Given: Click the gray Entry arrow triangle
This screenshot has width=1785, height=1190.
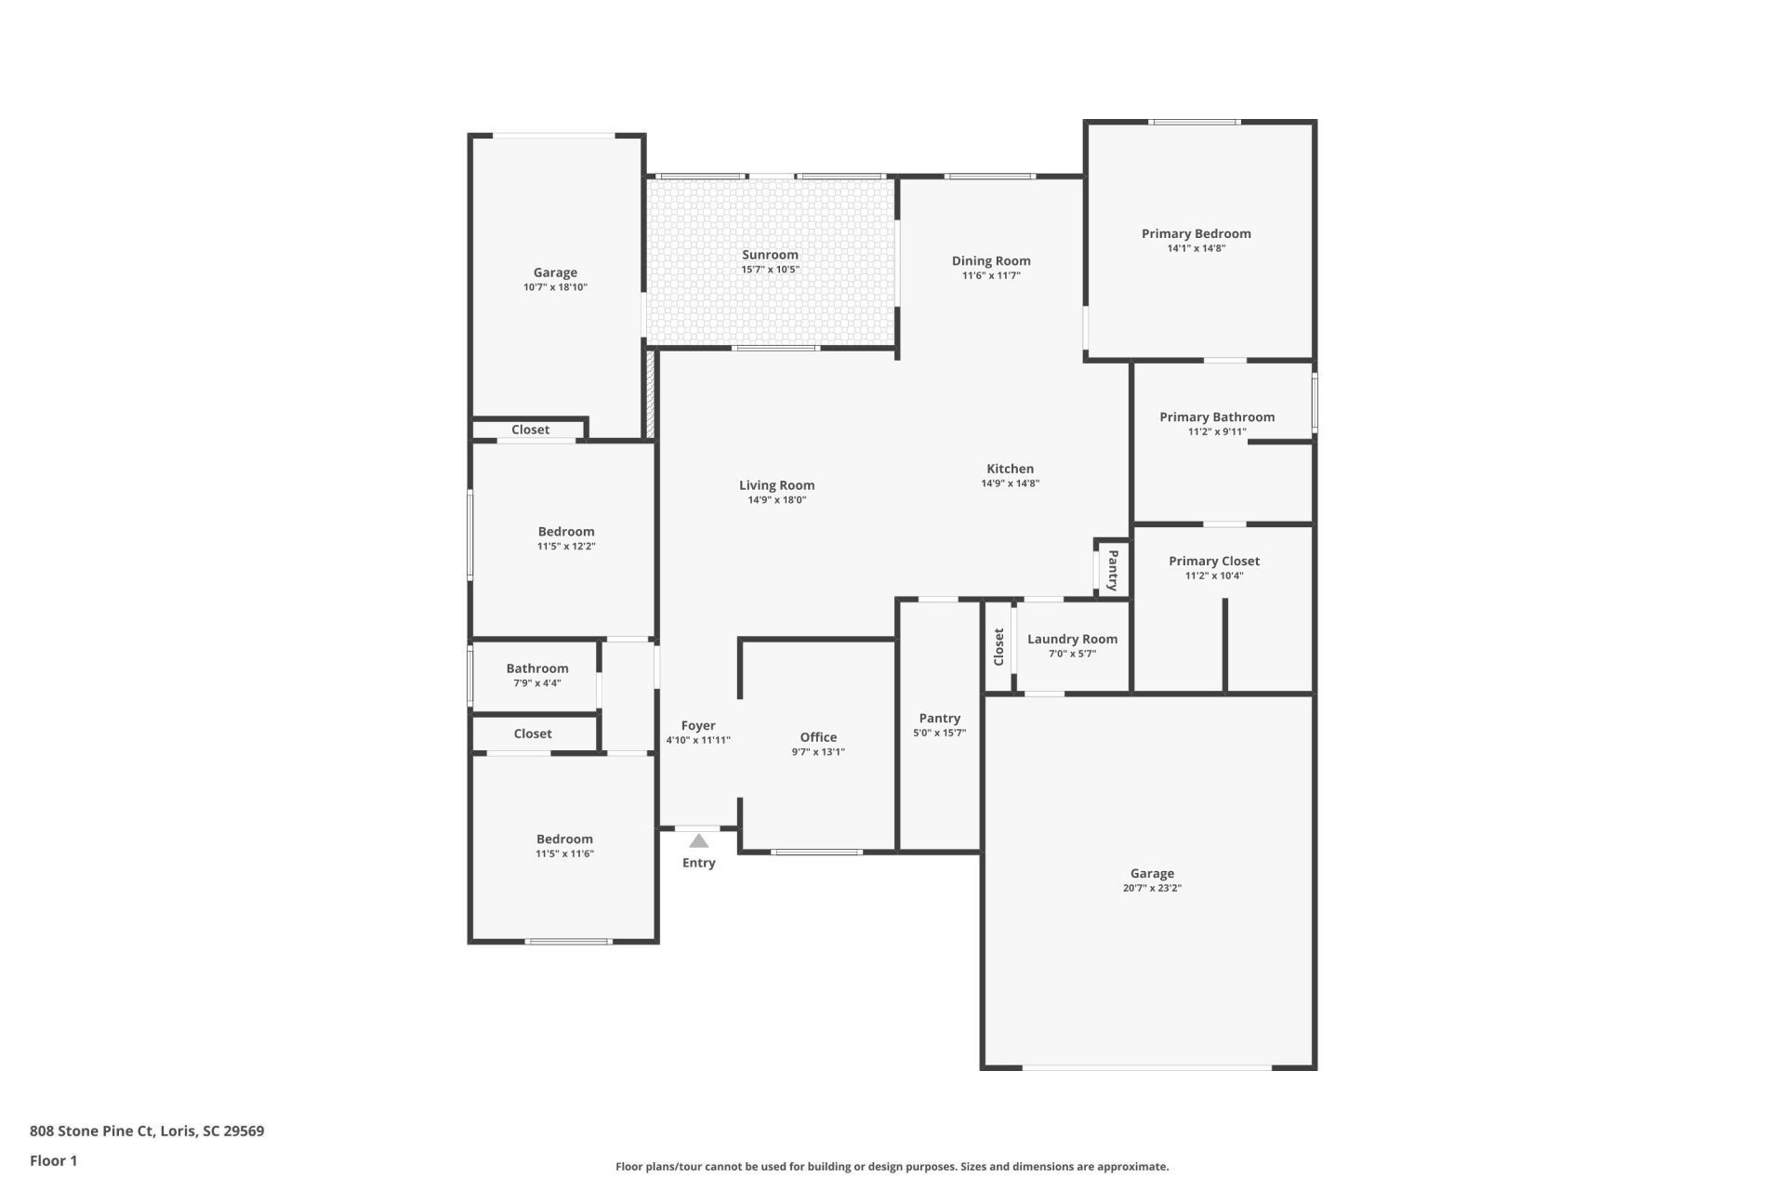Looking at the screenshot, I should (698, 841).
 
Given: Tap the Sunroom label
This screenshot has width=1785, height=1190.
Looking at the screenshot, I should (770, 255).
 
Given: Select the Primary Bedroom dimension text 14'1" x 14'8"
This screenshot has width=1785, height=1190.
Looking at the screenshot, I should (1196, 248).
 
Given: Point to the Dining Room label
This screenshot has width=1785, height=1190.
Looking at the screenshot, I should (991, 260).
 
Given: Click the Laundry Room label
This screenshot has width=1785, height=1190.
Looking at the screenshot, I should (1072, 639).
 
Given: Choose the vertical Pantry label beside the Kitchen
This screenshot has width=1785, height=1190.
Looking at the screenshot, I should (1113, 569).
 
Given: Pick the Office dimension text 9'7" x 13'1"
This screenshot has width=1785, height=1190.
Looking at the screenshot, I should (818, 752).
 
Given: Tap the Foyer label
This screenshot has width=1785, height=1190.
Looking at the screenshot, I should (698, 725).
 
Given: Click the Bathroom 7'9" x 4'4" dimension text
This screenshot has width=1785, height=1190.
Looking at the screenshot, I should (537, 683).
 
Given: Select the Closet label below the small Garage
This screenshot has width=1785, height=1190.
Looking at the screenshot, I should (530, 430).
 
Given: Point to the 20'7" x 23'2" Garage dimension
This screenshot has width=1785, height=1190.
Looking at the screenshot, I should (1152, 888).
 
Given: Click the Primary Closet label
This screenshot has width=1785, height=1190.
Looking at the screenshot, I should (1213, 561).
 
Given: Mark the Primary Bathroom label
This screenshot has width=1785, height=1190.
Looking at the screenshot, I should (1216, 416).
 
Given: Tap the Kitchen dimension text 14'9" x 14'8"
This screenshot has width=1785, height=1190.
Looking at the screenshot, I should (1010, 483).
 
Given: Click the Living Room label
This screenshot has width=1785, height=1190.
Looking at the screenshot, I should (776, 484).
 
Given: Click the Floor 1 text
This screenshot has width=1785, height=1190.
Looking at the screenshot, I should (53, 1160).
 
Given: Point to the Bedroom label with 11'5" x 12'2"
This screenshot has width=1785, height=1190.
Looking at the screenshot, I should (565, 532).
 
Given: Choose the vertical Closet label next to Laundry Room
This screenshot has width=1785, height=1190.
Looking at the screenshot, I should (998, 647).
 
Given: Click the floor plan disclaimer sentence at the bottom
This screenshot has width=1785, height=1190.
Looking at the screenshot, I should (892, 1166).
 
